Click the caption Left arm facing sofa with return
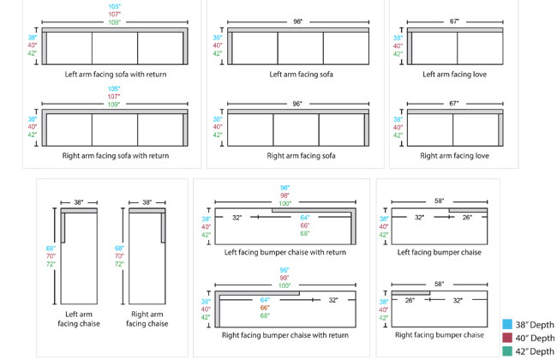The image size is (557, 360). (115, 74)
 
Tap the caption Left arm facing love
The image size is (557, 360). (455, 74)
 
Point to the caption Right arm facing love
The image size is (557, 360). (454, 156)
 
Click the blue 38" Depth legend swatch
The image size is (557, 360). (508, 325)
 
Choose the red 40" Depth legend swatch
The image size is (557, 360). (508, 338)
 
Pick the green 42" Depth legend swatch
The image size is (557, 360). (508, 351)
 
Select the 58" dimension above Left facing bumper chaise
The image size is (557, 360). (439, 201)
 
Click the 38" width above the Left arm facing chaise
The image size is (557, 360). (78, 203)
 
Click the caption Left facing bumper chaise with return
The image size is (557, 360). (285, 252)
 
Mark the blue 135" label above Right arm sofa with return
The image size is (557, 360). (115, 87)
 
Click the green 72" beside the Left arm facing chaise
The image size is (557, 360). (50, 265)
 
